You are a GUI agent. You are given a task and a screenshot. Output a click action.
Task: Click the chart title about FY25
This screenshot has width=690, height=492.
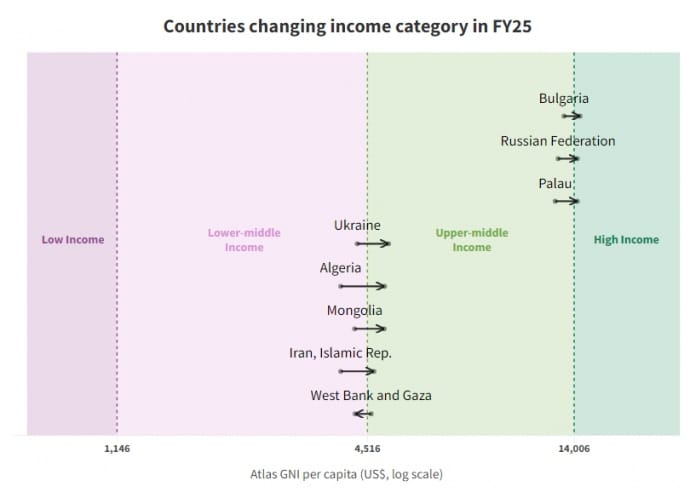tap(346, 25)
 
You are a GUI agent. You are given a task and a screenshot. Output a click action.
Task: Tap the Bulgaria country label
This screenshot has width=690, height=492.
tap(563, 98)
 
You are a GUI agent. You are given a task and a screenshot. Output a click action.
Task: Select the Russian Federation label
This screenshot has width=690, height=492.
tap(557, 141)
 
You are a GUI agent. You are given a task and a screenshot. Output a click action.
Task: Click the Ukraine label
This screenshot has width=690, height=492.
tap(357, 226)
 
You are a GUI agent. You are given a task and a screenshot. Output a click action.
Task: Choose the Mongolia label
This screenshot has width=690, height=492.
tap(354, 310)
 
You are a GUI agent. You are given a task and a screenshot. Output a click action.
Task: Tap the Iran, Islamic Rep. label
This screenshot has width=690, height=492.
tap(340, 353)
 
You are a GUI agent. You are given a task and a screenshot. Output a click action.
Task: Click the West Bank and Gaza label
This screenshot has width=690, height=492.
tap(371, 395)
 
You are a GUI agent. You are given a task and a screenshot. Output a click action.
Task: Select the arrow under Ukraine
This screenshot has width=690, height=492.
tap(373, 244)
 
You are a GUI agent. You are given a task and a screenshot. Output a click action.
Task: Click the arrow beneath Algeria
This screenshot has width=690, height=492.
tap(363, 286)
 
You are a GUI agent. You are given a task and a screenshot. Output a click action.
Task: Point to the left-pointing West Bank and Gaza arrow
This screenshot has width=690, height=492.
tap(363, 413)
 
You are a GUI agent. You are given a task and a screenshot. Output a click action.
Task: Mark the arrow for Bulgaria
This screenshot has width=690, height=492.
tap(572, 116)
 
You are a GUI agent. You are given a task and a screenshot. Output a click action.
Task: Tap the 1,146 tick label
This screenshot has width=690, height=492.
tap(117, 449)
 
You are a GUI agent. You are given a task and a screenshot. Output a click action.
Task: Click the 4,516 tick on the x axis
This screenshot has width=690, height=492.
tap(367, 449)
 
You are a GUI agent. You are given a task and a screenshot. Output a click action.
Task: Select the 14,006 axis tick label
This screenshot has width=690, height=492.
tap(574, 449)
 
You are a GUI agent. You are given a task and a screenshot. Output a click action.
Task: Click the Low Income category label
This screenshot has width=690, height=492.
tap(72, 240)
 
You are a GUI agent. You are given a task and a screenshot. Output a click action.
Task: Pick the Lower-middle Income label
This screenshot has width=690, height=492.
tap(244, 240)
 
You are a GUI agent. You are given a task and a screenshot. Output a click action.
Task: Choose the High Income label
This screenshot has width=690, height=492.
tap(626, 240)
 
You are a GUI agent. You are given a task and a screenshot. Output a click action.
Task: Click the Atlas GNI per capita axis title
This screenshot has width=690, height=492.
tap(345, 473)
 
